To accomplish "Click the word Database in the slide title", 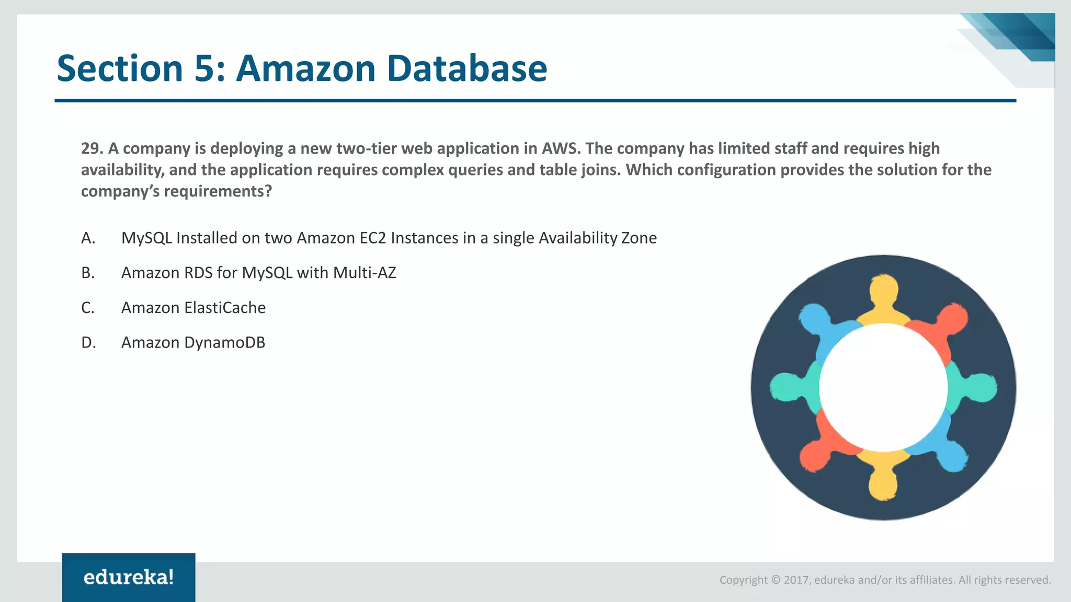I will tap(467, 68).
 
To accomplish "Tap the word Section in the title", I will tap(120, 68).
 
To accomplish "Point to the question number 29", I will tap(91, 148).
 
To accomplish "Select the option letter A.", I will tap(88, 238).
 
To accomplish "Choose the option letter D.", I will tap(88, 343).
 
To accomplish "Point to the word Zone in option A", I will tap(639, 238).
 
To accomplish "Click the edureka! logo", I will tap(129, 577).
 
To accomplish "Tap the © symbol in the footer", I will tap(776, 580).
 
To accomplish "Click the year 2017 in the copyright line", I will tap(796, 580).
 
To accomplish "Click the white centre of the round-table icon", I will tap(883, 387).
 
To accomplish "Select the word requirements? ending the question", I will tap(218, 191).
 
